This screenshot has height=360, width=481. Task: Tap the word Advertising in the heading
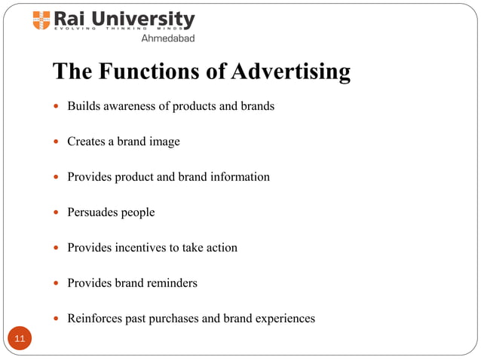click(291, 72)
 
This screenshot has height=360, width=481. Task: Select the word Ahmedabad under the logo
click(167, 38)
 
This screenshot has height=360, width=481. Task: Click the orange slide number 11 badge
click(20, 339)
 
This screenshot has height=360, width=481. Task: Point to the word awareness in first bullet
click(129, 106)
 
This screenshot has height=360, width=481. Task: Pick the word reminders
click(173, 283)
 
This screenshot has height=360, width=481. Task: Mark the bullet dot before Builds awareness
click(56, 107)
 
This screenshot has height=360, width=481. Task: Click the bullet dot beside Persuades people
click(56, 213)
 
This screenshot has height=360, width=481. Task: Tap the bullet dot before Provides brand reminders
click(56, 284)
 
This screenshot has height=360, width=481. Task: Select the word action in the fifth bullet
click(221, 248)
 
